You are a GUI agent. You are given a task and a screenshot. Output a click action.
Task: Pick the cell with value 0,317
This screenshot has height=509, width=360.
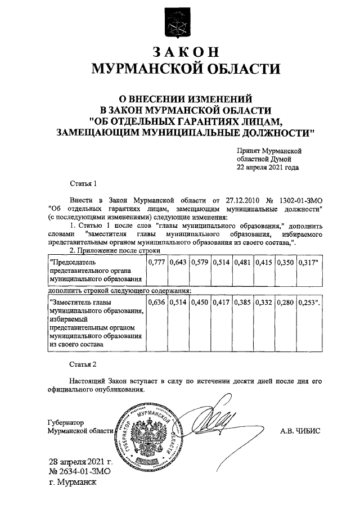pyautogui.click(x=308, y=263)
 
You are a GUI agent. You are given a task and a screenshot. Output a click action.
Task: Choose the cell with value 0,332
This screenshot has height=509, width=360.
pyautogui.click(x=264, y=303)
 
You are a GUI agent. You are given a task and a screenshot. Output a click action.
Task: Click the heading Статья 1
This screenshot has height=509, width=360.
pyautogui.click(x=83, y=183)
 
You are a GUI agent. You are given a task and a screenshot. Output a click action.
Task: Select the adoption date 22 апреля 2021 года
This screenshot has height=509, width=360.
pyautogui.click(x=268, y=167)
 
